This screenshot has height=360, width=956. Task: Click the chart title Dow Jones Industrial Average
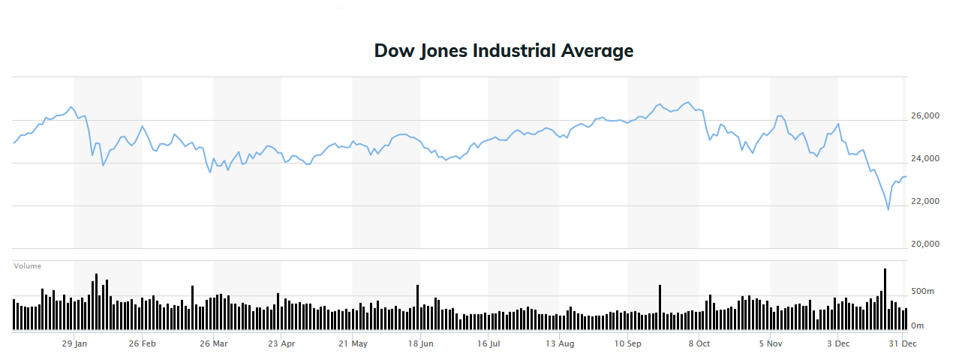pyautogui.click(x=504, y=51)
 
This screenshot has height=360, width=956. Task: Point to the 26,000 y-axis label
pyautogui.click(x=924, y=116)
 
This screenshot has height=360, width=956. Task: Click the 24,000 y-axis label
pyautogui.click(x=924, y=159)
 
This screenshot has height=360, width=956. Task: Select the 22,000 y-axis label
pyautogui.click(x=924, y=202)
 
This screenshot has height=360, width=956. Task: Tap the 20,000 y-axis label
pyautogui.click(x=924, y=244)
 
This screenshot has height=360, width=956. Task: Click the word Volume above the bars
pyautogui.click(x=28, y=266)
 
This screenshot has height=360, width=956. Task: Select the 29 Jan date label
pyautogui.click(x=74, y=343)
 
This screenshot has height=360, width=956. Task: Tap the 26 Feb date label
pyautogui.click(x=143, y=343)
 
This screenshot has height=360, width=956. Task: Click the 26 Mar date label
pyautogui.click(x=214, y=343)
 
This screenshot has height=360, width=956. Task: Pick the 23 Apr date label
pyautogui.click(x=281, y=343)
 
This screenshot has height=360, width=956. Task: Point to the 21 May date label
pyautogui.click(x=353, y=343)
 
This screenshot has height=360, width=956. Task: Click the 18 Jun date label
pyautogui.click(x=421, y=343)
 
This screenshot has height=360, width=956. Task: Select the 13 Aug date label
pyautogui.click(x=560, y=343)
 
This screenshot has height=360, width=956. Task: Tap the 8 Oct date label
pyautogui.click(x=699, y=343)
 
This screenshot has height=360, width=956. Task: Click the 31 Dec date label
pyautogui.click(x=902, y=343)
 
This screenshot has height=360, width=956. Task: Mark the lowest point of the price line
pyautogui.click(x=888, y=209)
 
